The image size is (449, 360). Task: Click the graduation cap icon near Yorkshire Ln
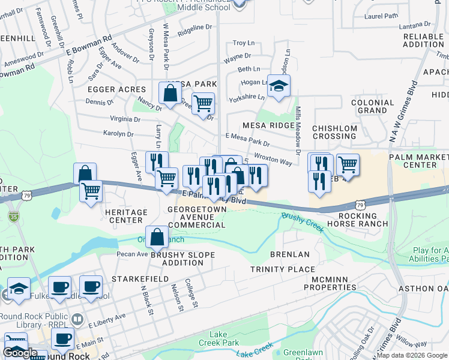[279, 87]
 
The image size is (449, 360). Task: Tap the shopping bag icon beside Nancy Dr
[170, 94]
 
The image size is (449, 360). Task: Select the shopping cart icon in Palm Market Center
[348, 164]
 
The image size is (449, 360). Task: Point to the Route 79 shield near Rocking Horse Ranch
[360, 205]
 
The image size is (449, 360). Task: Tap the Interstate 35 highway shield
[13, 214]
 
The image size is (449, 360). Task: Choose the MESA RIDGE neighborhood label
[268, 125]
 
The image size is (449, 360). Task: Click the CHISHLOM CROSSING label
[335, 132]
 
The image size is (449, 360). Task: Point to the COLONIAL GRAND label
[372, 107]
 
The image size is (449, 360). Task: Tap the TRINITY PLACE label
[278, 269]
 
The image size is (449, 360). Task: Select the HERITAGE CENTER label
[126, 217]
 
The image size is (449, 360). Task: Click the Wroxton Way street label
[273, 159]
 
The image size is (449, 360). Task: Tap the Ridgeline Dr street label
[195, 28]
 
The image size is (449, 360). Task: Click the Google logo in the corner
[20, 353]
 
